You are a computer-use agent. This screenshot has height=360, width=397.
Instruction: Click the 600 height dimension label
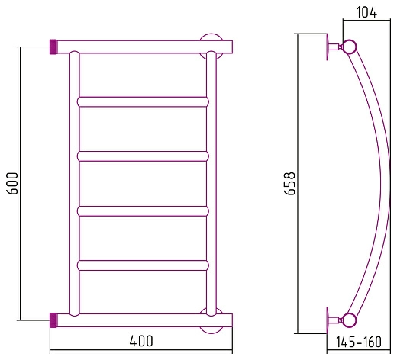(x=13, y=183)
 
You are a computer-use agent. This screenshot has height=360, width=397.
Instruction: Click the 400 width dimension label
(x=141, y=341)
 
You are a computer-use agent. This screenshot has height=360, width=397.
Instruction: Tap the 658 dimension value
(x=289, y=184)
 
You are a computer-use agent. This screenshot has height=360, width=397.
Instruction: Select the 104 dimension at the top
(x=366, y=12)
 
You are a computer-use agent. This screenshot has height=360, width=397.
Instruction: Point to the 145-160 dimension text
(x=359, y=342)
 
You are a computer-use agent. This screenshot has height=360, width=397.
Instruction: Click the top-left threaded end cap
(x=53, y=47)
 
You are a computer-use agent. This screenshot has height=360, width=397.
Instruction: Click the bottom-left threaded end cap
(x=53, y=320)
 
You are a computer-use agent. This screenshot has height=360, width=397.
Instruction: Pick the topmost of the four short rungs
(x=143, y=101)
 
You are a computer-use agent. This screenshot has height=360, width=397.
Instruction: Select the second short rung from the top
(x=143, y=156)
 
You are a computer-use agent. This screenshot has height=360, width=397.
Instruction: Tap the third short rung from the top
(x=143, y=211)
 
